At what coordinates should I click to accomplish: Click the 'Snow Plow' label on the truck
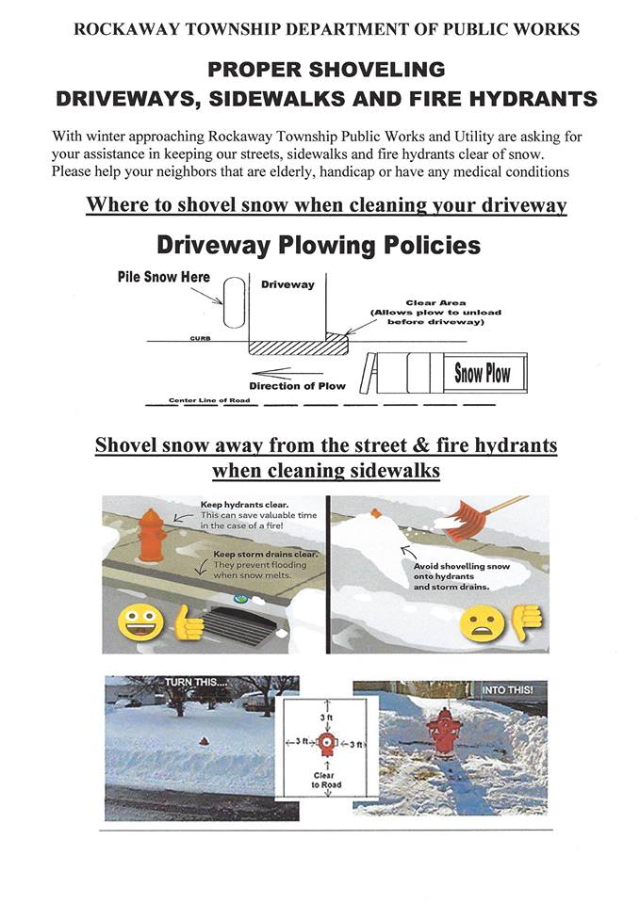point(483,373)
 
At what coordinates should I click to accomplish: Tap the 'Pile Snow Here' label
point(163,278)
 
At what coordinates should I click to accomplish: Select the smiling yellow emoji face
point(139,622)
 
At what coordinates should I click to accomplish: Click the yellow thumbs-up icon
point(186,622)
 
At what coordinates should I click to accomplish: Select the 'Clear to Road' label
point(325,780)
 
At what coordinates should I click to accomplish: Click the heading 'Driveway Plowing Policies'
point(318,245)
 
